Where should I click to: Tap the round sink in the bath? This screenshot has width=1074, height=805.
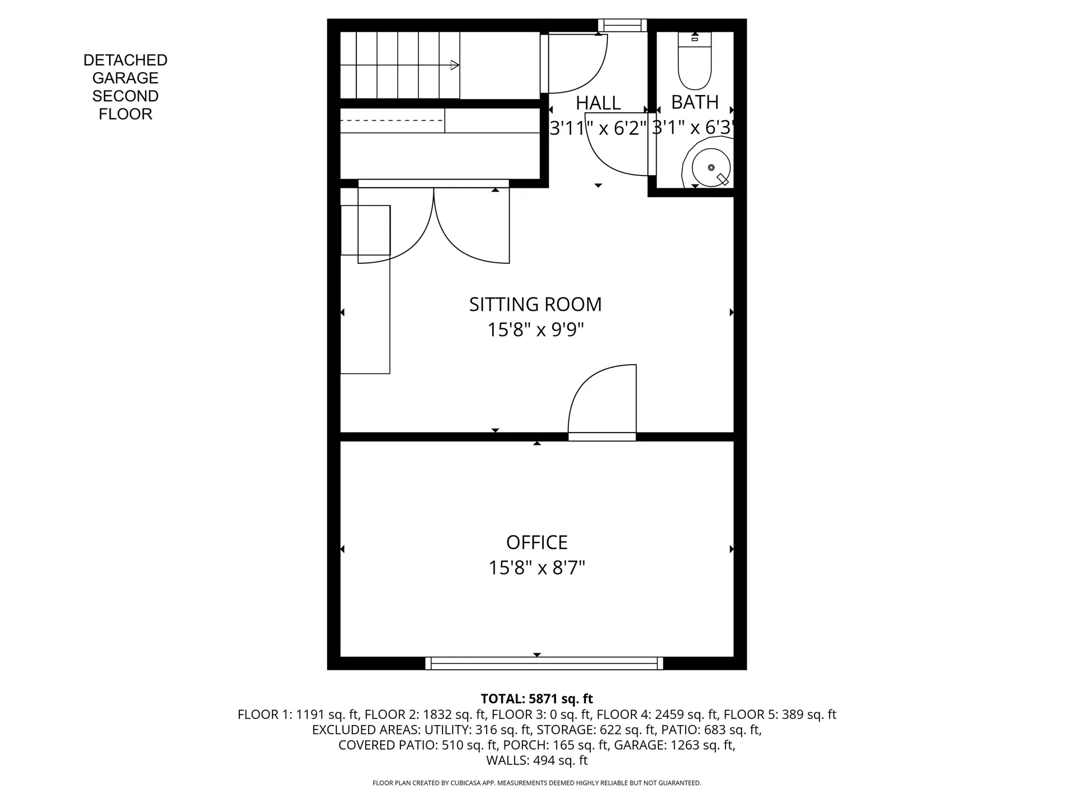[x=711, y=167]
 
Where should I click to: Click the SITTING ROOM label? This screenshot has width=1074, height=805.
[x=535, y=305]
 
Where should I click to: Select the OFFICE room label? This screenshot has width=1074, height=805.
[x=537, y=542]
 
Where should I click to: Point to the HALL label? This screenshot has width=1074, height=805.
[x=598, y=103]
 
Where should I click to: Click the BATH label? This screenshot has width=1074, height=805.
[x=695, y=102]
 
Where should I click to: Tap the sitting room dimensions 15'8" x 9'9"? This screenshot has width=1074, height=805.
[x=535, y=330]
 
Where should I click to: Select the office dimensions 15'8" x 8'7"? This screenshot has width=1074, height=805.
[x=537, y=568]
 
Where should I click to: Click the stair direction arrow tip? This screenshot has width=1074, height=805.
[x=459, y=65]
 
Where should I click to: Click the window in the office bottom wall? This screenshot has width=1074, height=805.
[x=544, y=664]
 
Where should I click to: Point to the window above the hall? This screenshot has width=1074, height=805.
[x=623, y=25]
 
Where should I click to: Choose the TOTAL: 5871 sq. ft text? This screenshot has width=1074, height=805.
[x=537, y=699]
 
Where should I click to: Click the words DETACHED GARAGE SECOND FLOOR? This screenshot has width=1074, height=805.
[x=125, y=87]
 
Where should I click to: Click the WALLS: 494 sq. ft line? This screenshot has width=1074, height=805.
[x=537, y=760]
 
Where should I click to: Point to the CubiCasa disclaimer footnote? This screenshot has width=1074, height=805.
[x=537, y=783]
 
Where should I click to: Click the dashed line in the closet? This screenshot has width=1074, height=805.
[x=392, y=120]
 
